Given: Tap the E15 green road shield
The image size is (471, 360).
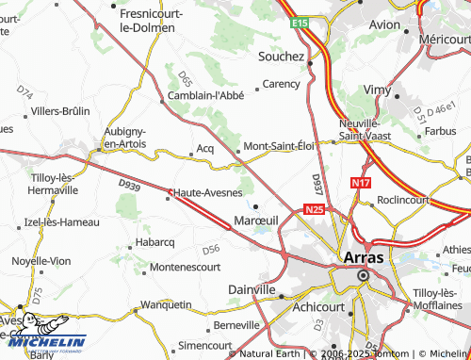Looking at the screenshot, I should [300, 21].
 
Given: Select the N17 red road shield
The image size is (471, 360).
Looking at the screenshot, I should [361, 184].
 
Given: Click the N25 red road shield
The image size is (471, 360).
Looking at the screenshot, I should [314, 210].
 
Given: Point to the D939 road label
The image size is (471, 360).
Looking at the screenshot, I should [130, 188].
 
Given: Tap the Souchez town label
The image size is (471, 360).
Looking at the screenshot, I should [281, 56].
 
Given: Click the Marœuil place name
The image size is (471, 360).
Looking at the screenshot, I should [254, 220].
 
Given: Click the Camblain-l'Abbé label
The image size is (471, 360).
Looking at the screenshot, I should [205, 95].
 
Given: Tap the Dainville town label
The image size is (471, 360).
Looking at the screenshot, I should [252, 289].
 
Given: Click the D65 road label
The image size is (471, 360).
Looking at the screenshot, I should [185, 77].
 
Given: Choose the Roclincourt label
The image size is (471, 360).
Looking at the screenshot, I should [403, 200].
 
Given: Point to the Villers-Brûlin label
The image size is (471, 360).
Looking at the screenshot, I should [60, 110].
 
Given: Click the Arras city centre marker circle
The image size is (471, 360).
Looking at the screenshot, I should [363, 275].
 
